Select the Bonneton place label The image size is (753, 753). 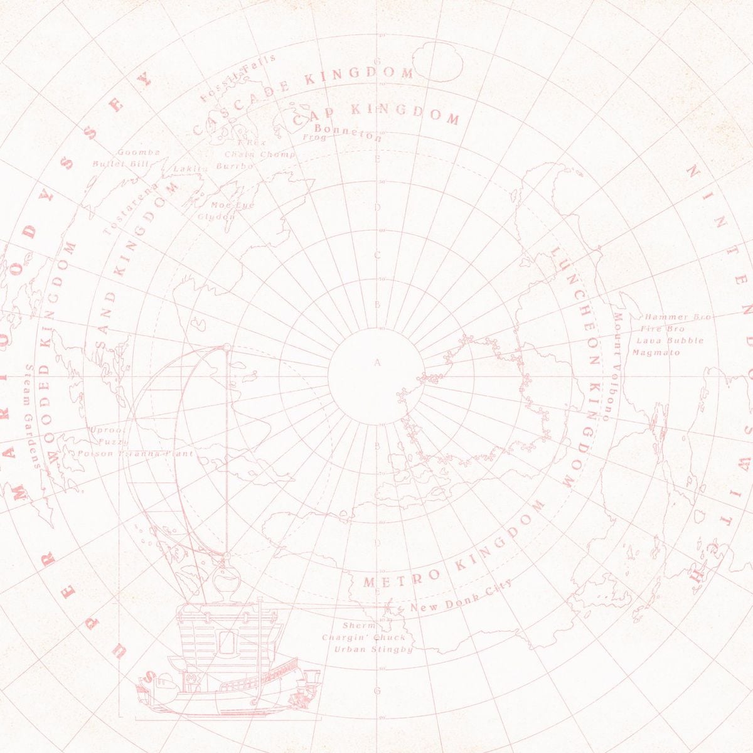coord(348,132)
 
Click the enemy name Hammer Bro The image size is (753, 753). coord(677,318)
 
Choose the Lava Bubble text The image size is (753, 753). coord(670,341)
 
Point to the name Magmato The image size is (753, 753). coord(656,353)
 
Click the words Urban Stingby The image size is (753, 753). coord(373,649)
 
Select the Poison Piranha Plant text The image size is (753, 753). coord(136,453)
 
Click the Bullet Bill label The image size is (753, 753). coord(120,164)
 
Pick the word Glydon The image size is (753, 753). coord(216,216)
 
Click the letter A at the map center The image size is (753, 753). coord(377,363)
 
